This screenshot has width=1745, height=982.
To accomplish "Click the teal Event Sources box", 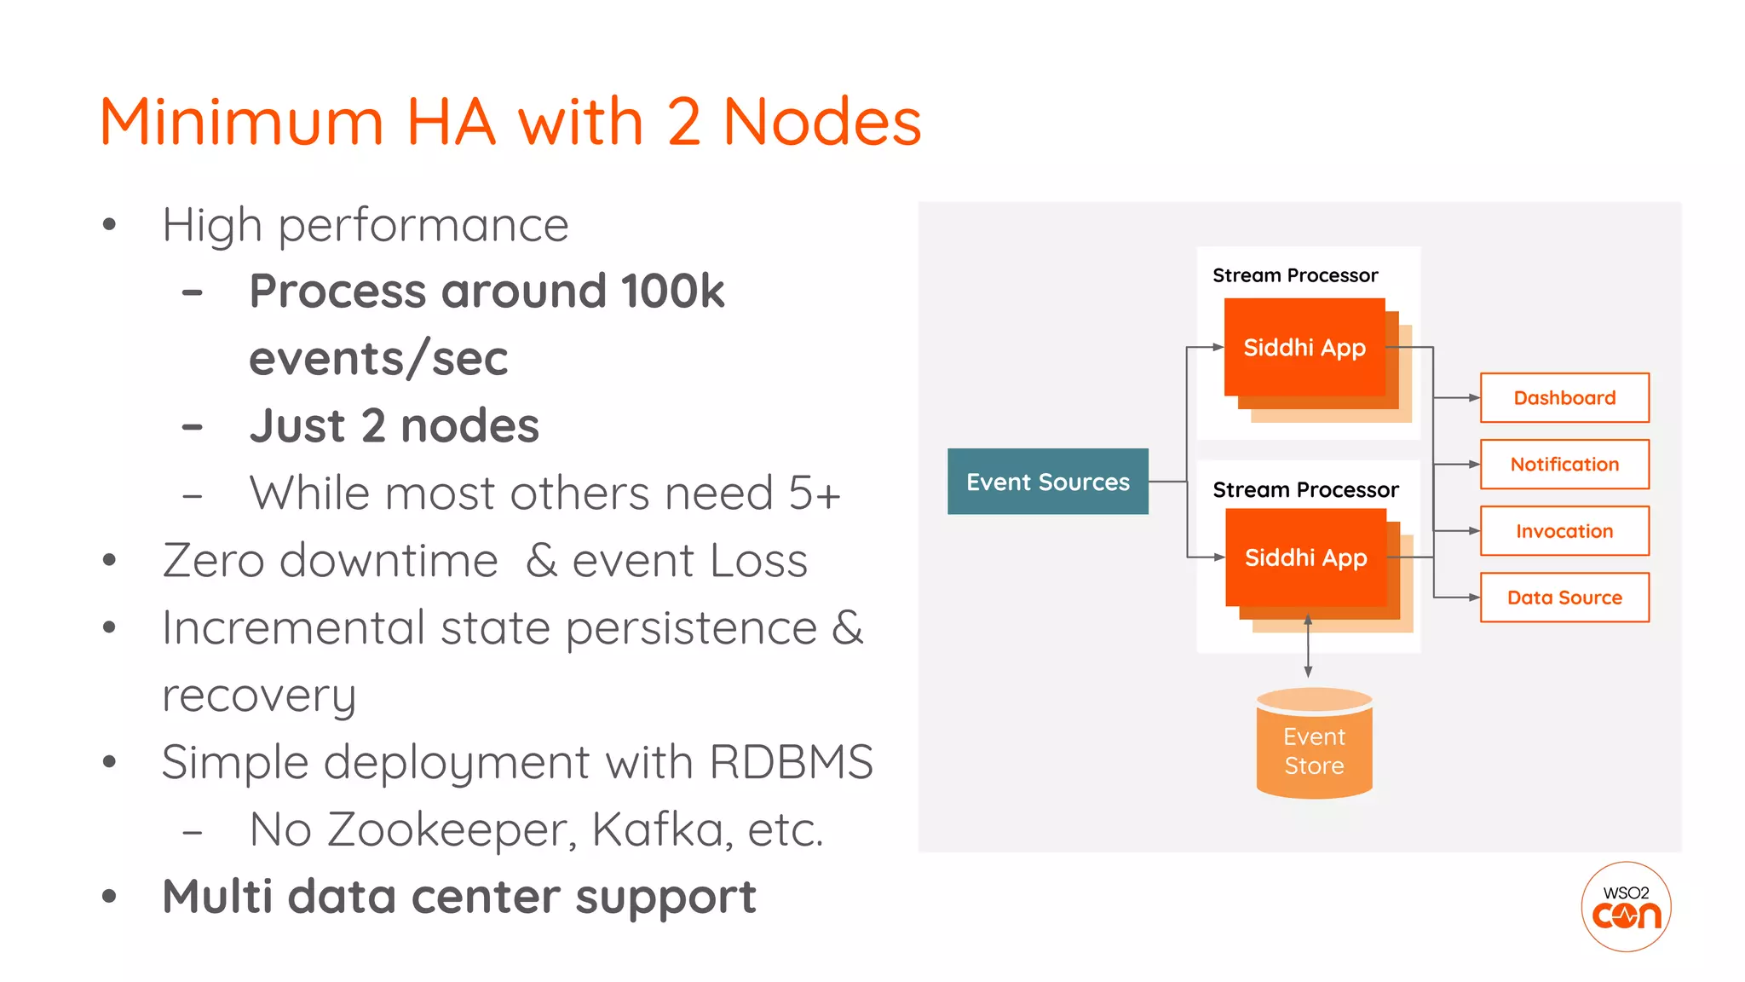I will click(x=1047, y=482).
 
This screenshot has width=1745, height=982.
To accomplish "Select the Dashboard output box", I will click(x=1564, y=398).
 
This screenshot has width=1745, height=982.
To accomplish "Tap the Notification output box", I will click(x=1564, y=465).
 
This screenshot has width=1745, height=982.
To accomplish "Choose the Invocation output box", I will click(x=1564, y=531).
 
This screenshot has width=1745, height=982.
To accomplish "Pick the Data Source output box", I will click(x=1564, y=598).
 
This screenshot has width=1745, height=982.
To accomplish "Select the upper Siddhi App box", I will click(x=1304, y=348).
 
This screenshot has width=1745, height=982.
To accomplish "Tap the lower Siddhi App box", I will click(x=1305, y=557).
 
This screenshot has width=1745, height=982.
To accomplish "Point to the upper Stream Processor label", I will click(x=1295, y=275).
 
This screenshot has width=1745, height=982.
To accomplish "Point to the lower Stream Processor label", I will click(x=1305, y=490).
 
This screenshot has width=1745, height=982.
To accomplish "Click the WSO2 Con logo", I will click(x=1626, y=907).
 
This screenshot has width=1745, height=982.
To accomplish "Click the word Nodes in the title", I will click(x=822, y=122).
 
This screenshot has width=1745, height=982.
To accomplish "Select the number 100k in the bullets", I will click(x=672, y=292).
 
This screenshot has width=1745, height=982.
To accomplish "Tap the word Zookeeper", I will click(x=452, y=829).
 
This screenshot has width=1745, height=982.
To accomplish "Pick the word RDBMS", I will click(x=791, y=762).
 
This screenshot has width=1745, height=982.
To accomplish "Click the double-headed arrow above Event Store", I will click(x=1308, y=646).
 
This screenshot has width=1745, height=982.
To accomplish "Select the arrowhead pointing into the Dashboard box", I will click(x=1473, y=398).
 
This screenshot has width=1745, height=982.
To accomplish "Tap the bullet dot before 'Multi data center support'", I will click(x=109, y=897).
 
